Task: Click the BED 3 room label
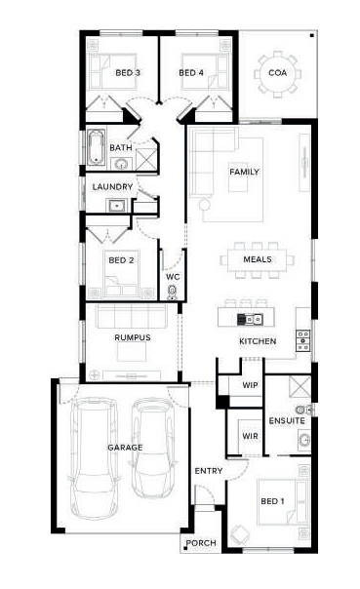click(x=128, y=72)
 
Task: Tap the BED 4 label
click(x=191, y=72)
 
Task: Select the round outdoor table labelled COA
click(x=278, y=73)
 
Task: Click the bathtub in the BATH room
click(x=97, y=147)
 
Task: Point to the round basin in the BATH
click(x=121, y=164)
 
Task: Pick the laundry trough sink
click(x=116, y=206)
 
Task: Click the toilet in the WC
click(x=173, y=292)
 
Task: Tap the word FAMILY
click(x=244, y=172)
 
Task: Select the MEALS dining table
click(x=257, y=259)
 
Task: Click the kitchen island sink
click(x=250, y=320)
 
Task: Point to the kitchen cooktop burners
click(x=302, y=340)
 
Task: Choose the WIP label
click(x=250, y=385)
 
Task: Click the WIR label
click(x=250, y=436)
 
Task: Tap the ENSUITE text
click(x=287, y=420)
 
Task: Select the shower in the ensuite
click(x=300, y=386)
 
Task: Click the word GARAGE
click(x=125, y=448)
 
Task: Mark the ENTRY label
click(x=209, y=471)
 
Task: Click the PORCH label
click(x=201, y=543)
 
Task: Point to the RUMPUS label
click(x=133, y=337)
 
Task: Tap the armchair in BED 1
click(x=239, y=534)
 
